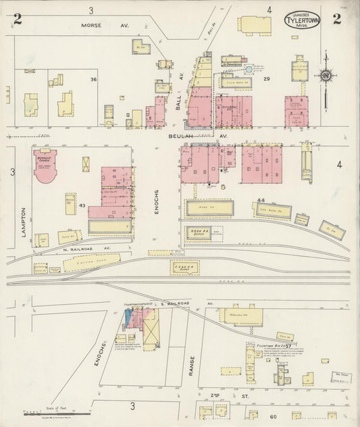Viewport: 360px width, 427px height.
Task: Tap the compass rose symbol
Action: [326, 75]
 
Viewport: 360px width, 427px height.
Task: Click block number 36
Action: [94, 80]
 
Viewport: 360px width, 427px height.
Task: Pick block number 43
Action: [82, 205]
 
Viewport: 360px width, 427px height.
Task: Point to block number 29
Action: [266, 80]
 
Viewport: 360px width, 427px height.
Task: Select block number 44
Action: [260, 200]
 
